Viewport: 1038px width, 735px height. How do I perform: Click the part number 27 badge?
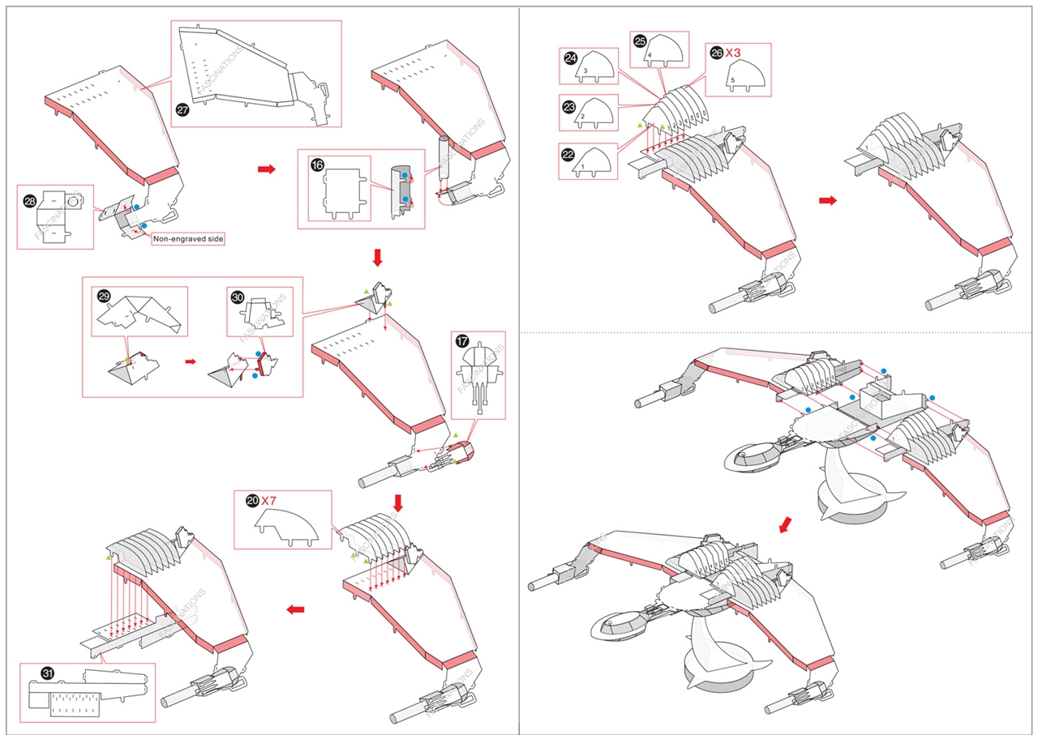click(x=182, y=112)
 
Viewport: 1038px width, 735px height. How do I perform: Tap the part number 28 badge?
click(x=30, y=199)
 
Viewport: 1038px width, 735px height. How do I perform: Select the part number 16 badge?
click(x=318, y=165)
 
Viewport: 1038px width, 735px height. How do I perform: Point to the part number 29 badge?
click(x=104, y=297)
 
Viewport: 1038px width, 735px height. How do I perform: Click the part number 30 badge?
click(x=238, y=297)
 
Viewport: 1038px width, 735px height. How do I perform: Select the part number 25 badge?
click(x=640, y=40)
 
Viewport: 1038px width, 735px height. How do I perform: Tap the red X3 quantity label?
click(x=733, y=53)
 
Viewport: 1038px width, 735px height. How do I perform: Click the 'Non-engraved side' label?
click(x=188, y=239)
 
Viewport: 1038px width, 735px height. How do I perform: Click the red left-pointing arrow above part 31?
click(x=296, y=609)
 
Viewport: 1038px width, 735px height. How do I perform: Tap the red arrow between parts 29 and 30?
click(x=189, y=361)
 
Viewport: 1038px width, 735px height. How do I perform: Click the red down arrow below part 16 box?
click(x=377, y=258)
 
